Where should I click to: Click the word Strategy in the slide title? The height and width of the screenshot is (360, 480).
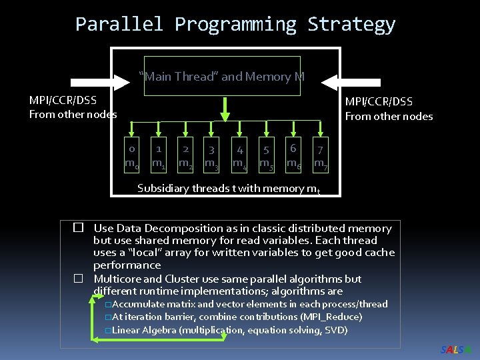tap(351, 25)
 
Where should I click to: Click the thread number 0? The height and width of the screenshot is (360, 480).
tap(132, 149)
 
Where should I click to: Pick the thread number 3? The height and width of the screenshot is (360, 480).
tap(211, 151)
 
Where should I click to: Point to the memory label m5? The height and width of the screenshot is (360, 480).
tap(266, 163)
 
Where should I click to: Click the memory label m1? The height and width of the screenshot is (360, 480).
tap(159, 163)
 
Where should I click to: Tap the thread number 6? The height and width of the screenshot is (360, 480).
tap(293, 148)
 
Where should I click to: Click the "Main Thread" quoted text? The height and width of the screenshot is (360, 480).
tap(178, 77)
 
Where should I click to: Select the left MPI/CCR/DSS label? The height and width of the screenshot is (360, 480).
tap(63, 101)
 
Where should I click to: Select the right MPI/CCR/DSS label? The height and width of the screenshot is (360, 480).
tap(378, 102)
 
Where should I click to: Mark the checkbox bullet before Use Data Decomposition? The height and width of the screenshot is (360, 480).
tap(77, 228)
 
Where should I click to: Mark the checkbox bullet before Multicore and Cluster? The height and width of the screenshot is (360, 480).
tap(77, 279)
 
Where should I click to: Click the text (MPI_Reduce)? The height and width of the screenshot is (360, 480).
tap(331, 317)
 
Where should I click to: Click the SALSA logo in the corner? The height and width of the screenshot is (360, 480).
tap(457, 350)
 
